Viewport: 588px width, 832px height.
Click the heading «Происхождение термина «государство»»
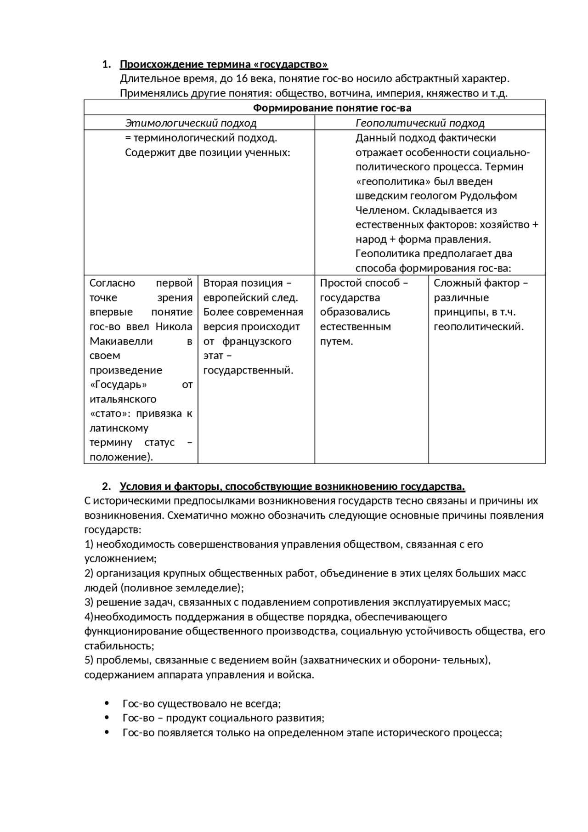[x=224, y=64]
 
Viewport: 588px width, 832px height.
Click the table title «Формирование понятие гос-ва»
[x=332, y=108]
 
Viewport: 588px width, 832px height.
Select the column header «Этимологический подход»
[x=191, y=123]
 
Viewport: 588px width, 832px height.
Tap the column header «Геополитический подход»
[x=420, y=123]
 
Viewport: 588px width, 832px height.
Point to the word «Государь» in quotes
[x=119, y=385]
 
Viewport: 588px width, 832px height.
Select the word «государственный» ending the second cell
[x=248, y=370]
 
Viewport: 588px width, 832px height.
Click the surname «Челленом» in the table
[x=381, y=210]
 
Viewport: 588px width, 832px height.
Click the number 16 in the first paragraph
[x=242, y=79]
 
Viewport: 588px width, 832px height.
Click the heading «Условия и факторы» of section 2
[x=292, y=487]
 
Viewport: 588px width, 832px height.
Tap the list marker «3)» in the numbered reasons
[x=89, y=602]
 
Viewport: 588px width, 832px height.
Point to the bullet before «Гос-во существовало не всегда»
[x=107, y=703]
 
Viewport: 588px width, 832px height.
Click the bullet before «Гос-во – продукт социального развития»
[x=107, y=718]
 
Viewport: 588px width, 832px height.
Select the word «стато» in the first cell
[x=109, y=413]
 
